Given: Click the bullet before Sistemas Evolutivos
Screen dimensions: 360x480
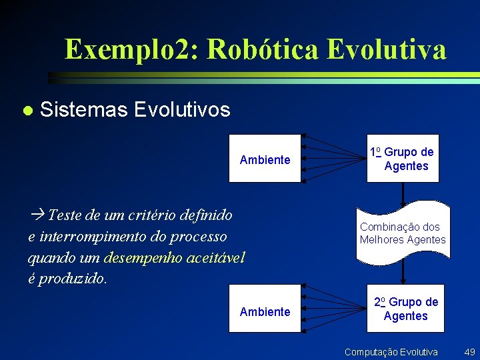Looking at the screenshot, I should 26,110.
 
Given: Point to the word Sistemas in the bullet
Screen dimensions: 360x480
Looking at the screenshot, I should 83,109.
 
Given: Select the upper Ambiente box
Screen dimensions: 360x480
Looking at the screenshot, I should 265,159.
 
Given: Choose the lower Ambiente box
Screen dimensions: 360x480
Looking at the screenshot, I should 265,311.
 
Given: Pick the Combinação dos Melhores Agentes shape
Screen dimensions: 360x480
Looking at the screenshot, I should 403,233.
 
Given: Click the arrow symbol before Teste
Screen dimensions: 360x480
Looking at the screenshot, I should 37,215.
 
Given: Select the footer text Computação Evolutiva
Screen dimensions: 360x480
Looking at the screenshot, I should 391,351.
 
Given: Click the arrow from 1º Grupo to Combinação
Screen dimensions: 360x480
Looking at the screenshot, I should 403,193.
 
